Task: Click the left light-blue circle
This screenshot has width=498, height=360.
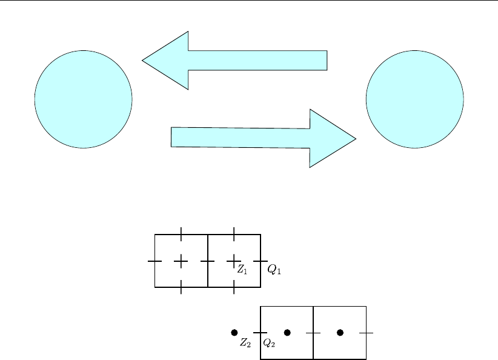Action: click(x=84, y=99)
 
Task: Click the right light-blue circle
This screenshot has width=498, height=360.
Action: click(x=415, y=99)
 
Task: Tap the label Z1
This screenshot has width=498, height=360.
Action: click(x=242, y=270)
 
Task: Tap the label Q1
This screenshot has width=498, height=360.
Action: click(x=274, y=270)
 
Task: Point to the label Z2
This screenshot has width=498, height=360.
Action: click(x=245, y=343)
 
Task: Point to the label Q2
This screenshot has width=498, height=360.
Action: click(x=269, y=343)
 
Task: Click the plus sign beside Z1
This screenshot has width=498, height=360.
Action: click(x=234, y=261)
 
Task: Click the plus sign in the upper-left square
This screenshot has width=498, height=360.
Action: click(x=181, y=261)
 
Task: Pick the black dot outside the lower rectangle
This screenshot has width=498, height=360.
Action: click(x=234, y=332)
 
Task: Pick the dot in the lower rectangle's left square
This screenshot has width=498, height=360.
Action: click(x=287, y=332)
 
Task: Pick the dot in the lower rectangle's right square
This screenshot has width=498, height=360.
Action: click(x=340, y=332)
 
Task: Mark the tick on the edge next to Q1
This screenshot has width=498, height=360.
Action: click(x=261, y=261)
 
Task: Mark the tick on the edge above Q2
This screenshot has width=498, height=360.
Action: click(x=261, y=332)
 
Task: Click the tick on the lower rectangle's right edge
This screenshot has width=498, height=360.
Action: click(x=366, y=332)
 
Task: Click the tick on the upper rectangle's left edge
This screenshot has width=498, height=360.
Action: click(x=155, y=261)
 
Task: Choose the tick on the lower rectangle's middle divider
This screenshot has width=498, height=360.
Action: click(x=313, y=332)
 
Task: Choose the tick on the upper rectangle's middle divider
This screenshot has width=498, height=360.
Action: click(x=208, y=261)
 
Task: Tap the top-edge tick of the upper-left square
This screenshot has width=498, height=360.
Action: click(x=181, y=234)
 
